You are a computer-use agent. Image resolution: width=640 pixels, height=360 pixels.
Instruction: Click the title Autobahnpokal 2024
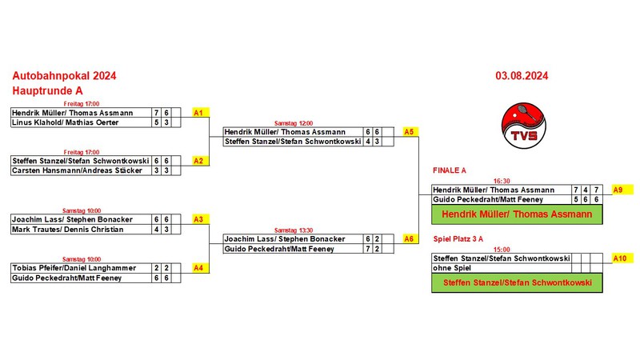64,76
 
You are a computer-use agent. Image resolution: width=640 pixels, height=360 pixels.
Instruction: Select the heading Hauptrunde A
47,91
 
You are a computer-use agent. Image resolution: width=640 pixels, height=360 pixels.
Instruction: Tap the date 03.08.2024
521,77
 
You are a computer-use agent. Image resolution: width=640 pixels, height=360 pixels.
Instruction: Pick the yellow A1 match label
199,114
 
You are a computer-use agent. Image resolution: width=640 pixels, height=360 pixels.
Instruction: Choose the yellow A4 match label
199,268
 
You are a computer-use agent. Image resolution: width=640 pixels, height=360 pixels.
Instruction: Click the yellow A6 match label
409,239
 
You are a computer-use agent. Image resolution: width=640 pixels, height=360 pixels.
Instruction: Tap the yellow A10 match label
619,258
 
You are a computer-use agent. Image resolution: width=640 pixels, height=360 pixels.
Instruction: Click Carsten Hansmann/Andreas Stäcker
77,170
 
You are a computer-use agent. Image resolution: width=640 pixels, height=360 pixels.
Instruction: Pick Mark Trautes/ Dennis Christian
68,230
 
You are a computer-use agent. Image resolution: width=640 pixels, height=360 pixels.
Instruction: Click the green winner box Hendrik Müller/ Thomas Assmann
516,214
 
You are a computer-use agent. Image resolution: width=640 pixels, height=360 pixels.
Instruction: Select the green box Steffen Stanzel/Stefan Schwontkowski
516,282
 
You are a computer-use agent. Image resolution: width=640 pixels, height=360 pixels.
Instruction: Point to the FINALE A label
449,171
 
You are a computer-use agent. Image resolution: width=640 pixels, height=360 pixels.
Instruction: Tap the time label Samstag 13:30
296,230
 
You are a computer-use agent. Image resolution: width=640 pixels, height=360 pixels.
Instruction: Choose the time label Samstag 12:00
296,122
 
